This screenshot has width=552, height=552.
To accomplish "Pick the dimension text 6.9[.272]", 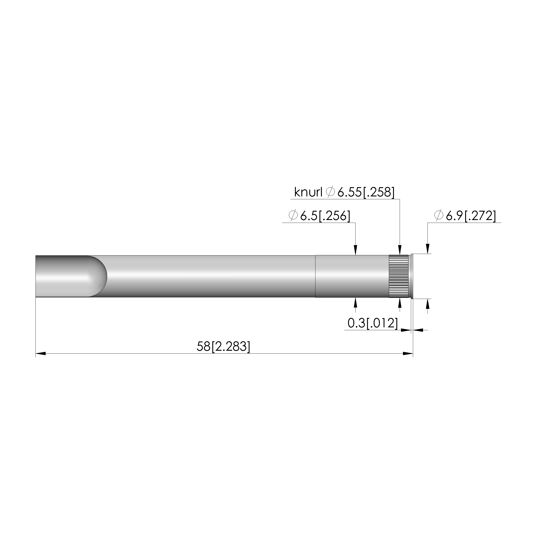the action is pyautogui.click(x=471, y=216).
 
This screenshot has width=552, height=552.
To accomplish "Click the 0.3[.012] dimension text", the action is pyautogui.click(x=373, y=323).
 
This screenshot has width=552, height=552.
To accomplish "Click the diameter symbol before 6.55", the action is pyautogui.click(x=330, y=192).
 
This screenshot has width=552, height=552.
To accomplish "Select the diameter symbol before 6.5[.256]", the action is pyautogui.click(x=293, y=216).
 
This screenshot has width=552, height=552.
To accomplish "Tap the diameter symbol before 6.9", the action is pyautogui.click(x=438, y=216).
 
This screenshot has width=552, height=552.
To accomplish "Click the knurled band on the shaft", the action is pyautogui.click(x=399, y=276).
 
